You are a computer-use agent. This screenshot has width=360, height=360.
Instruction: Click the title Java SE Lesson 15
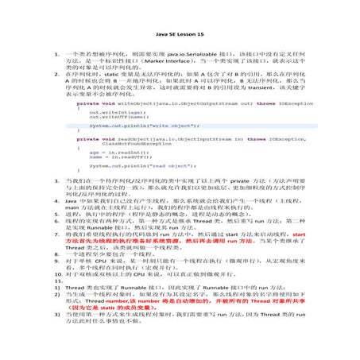(180, 35)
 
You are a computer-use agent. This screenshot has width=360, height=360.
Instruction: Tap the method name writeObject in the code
(124, 103)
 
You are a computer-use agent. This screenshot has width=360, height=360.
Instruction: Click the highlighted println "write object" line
(144, 126)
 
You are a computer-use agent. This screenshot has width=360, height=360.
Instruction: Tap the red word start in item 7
(298, 236)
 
